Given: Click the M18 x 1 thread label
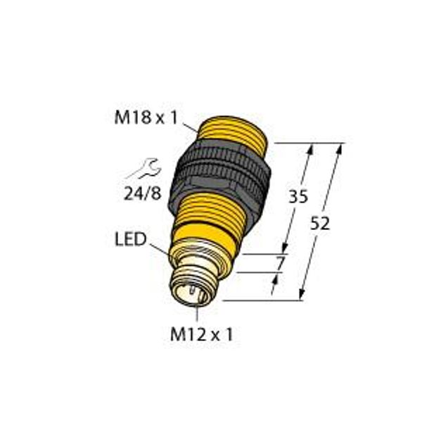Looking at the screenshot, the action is point(146,118).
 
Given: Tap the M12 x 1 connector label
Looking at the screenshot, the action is point(201,335).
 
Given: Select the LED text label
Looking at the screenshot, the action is point(131,239).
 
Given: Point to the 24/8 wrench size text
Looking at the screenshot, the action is point(142,193).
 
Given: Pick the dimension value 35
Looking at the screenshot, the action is point(298,196).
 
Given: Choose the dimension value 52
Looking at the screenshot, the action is point(320,224).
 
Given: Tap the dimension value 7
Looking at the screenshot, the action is point(280,264).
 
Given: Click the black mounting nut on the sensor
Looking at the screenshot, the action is point(219,178).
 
